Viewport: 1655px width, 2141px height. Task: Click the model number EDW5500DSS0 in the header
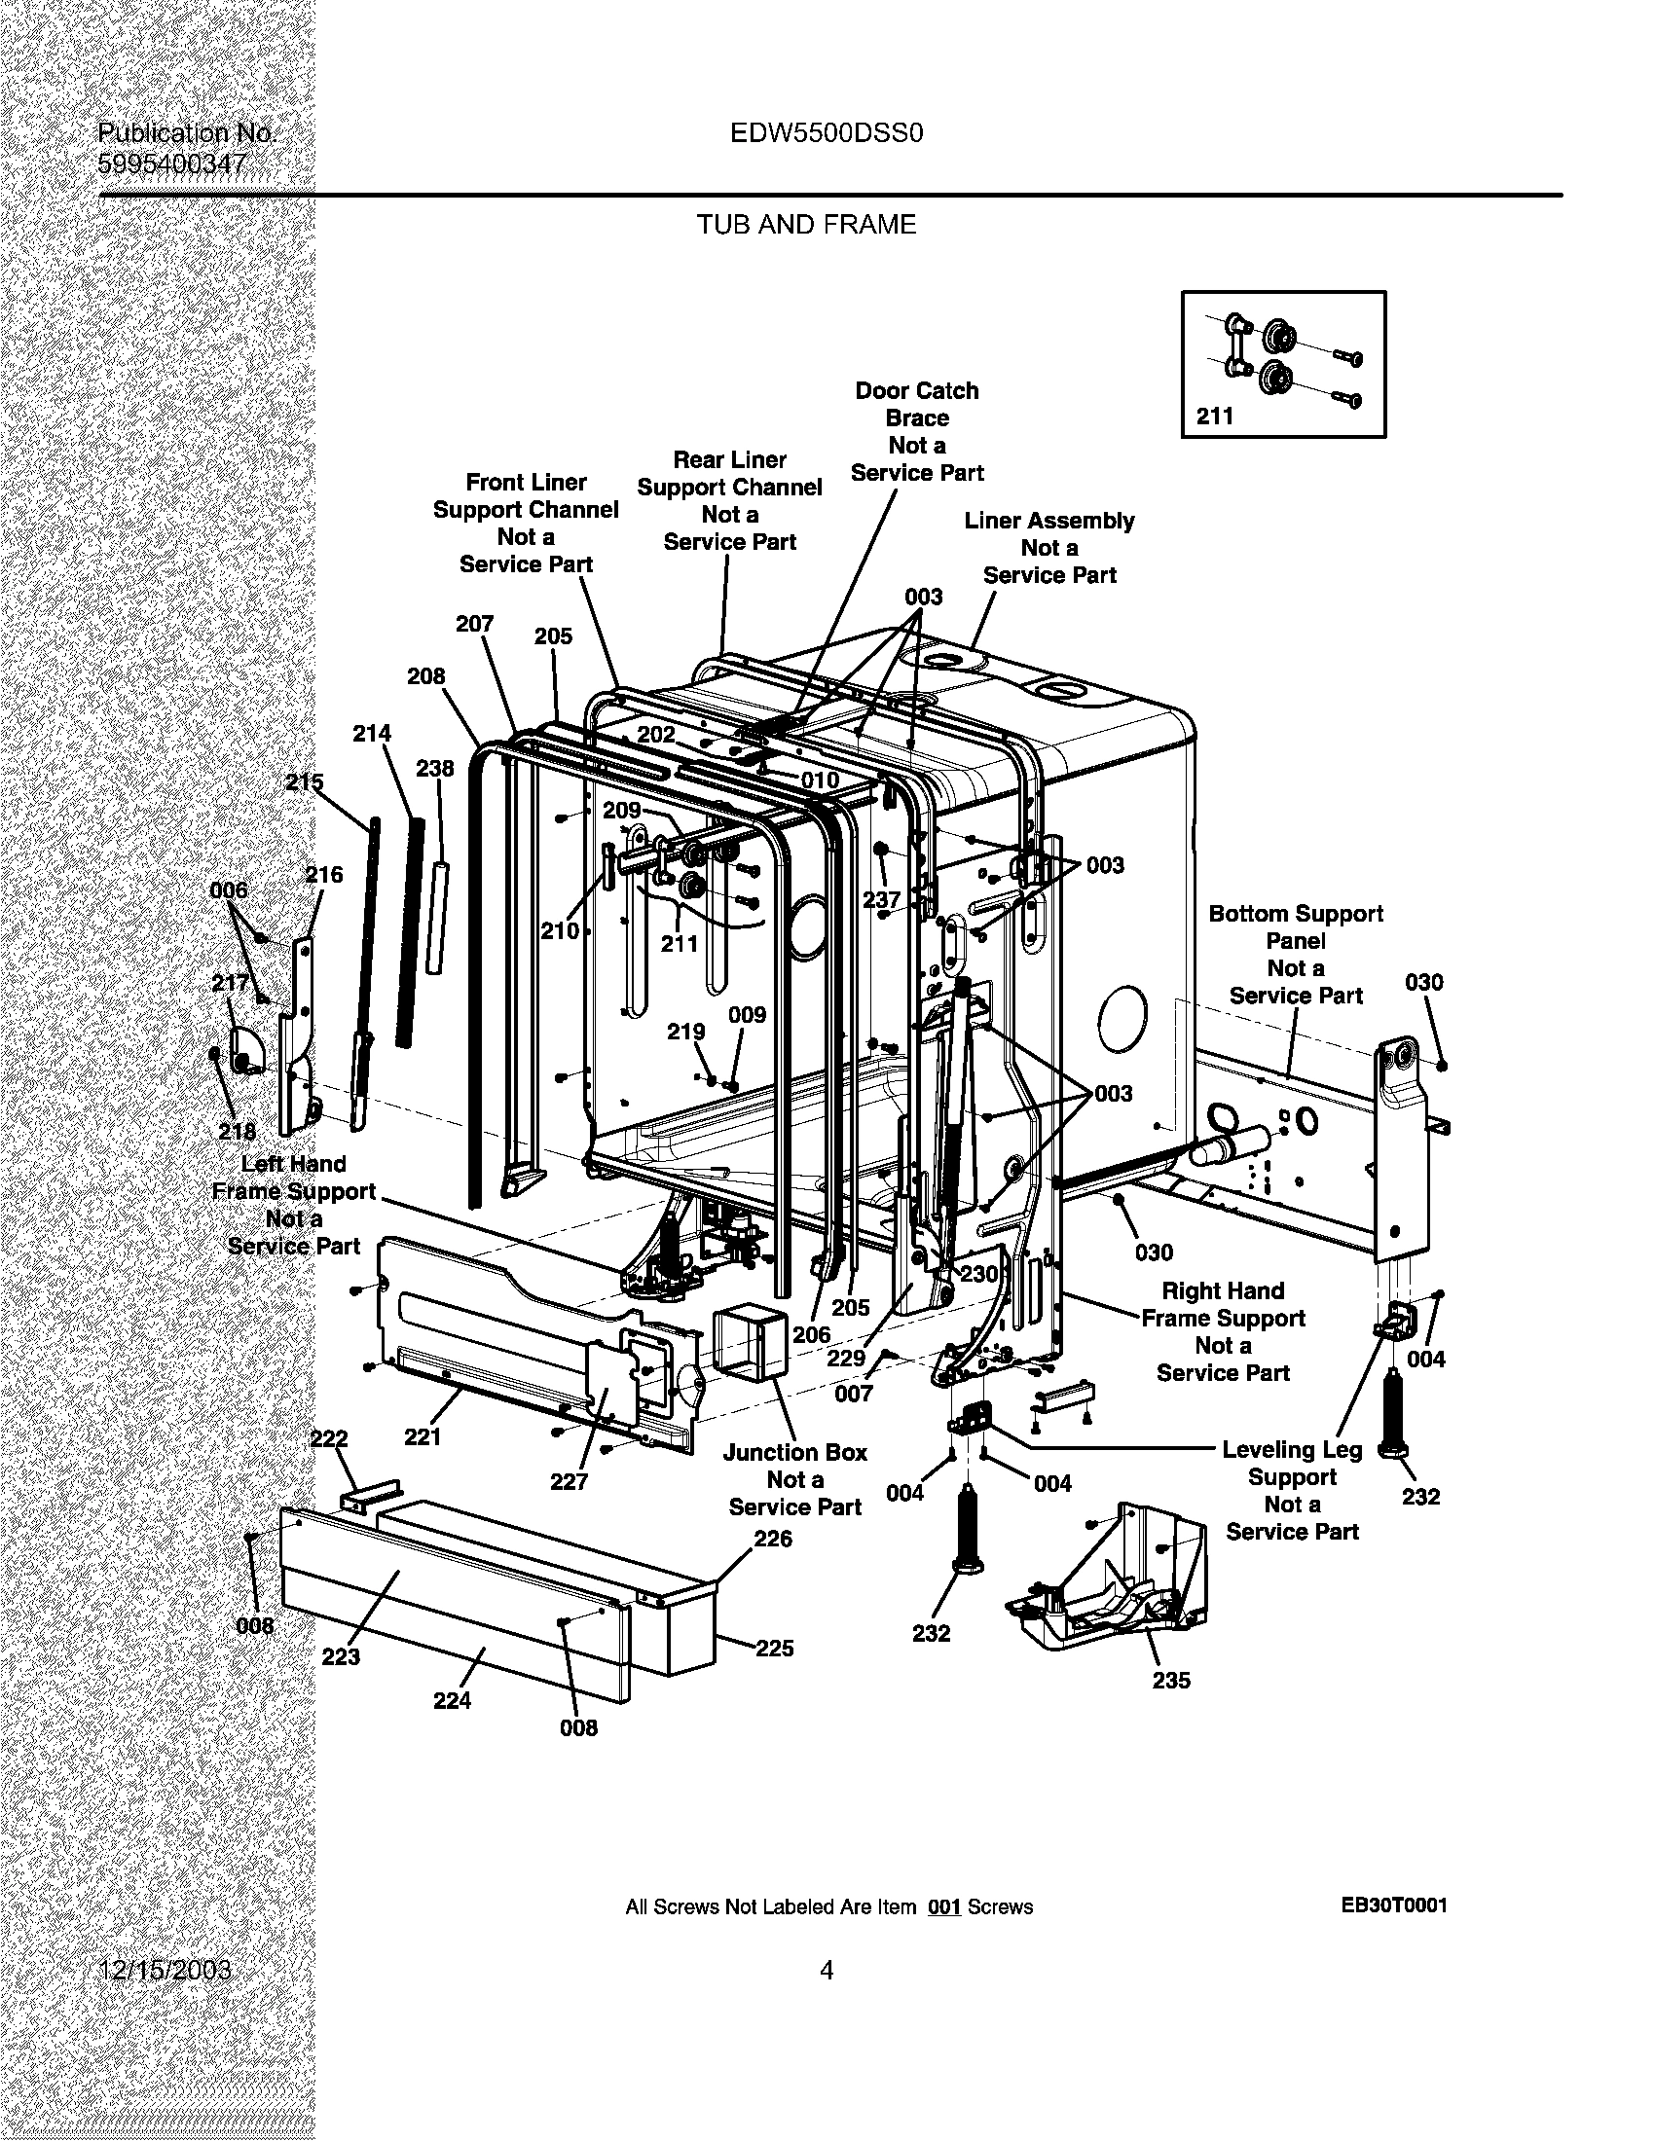pos(826,133)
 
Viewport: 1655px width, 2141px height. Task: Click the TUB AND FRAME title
pos(806,226)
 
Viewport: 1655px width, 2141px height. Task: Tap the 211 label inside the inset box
pos(1215,417)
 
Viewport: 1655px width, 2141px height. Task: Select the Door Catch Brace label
pos(917,431)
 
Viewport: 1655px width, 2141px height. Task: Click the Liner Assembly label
pos(1049,548)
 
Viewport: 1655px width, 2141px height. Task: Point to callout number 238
pos(434,769)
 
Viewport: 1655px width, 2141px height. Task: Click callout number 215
pos(304,782)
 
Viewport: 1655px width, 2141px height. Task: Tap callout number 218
pos(237,1131)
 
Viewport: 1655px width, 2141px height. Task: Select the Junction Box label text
pos(794,1479)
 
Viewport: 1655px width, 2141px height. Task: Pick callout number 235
pos(1170,1681)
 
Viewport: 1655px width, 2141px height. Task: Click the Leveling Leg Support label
pos(1291,1490)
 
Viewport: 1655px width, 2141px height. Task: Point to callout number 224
pos(452,1701)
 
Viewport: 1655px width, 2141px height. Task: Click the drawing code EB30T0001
pos(1393,1905)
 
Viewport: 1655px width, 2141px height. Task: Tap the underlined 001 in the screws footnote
pos(943,1907)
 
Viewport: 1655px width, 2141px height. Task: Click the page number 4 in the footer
pos(827,1971)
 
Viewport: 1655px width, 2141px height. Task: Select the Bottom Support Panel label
pos(1295,954)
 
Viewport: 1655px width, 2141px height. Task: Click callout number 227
pos(569,1481)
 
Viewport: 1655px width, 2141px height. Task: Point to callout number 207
pos(474,624)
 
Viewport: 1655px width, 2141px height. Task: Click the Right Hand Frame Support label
pos(1223,1331)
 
